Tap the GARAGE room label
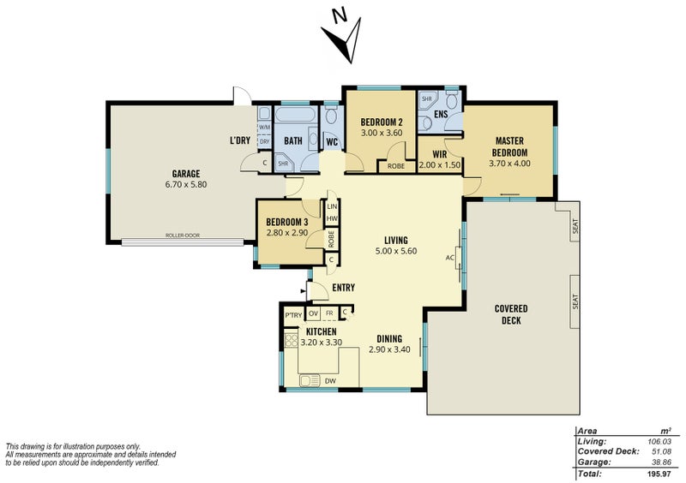click(186, 174)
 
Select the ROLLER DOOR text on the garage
click(183, 236)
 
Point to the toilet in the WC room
click(332, 116)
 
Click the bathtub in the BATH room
click(294, 116)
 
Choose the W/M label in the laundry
click(264, 128)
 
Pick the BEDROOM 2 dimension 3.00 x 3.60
click(382, 133)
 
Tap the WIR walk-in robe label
click(439, 154)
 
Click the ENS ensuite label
click(441, 114)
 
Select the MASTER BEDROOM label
click(509, 146)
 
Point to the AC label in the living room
click(449, 258)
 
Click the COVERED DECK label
click(511, 314)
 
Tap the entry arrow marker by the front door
click(303, 290)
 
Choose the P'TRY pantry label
click(293, 315)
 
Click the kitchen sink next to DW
click(310, 381)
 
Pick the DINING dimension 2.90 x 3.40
click(389, 349)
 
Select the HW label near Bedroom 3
click(332, 218)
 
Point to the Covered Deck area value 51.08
click(667, 451)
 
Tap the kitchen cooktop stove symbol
click(291, 341)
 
